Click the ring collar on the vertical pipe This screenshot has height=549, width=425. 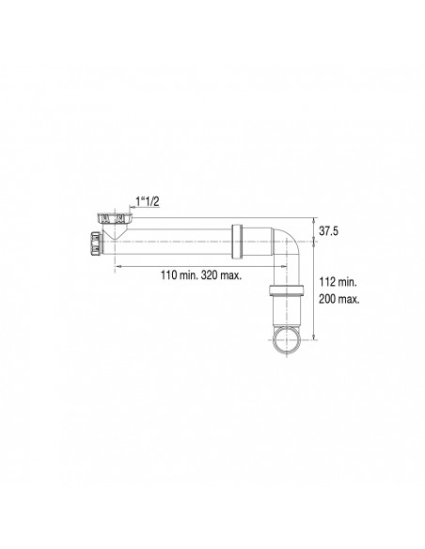pyautogui.click(x=286, y=290)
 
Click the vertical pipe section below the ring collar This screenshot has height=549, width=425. pyautogui.click(x=286, y=310)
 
